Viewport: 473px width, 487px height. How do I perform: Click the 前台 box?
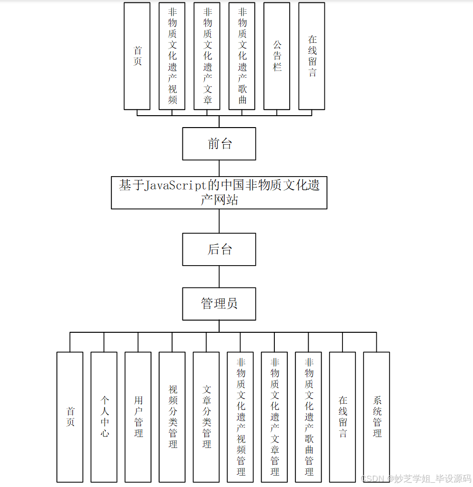pos(219,143)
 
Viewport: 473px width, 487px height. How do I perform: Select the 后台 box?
pos(219,249)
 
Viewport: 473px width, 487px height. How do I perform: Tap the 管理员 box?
pos(219,303)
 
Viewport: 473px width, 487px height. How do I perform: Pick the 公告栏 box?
pos(277,56)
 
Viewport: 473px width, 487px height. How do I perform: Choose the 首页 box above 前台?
pos(137,56)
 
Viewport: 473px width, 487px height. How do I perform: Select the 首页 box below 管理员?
pos(70,417)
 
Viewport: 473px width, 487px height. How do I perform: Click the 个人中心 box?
pos(104,417)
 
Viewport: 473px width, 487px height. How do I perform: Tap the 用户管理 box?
pos(138,417)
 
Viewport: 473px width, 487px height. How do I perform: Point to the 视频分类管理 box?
pos(172,417)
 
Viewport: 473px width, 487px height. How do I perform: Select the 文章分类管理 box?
pos(206,417)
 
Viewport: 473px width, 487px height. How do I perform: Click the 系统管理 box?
pos(376,417)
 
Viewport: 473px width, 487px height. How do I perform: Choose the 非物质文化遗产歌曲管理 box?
pos(308,417)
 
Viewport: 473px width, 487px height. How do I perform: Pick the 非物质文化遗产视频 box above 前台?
pos(172,56)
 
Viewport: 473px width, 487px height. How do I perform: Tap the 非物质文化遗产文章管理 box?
pos(274,417)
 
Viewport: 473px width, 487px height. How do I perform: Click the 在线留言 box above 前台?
pos(312,56)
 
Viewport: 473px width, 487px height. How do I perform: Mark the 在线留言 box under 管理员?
pos(342,417)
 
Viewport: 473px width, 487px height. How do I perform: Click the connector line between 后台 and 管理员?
pos(219,277)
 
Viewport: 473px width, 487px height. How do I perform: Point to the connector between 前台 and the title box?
pos(219,168)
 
